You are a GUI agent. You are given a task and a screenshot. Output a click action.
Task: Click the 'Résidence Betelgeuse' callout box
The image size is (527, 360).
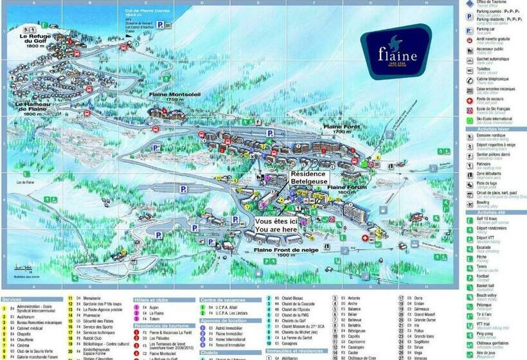click(x=309, y=178)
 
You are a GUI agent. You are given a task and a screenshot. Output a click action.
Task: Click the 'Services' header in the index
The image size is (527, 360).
click(x=12, y=300)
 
